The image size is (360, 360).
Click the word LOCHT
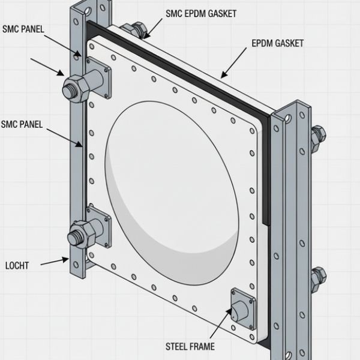pos(16,265)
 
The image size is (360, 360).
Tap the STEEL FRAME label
pos(189,346)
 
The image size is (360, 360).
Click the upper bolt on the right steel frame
pos(317,135)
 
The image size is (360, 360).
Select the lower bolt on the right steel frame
pos(317,277)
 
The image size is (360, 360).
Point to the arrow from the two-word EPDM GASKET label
pos(234,62)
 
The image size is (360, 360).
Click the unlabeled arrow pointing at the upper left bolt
pos(51,67)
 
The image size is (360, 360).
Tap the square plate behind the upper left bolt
pos(100,77)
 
